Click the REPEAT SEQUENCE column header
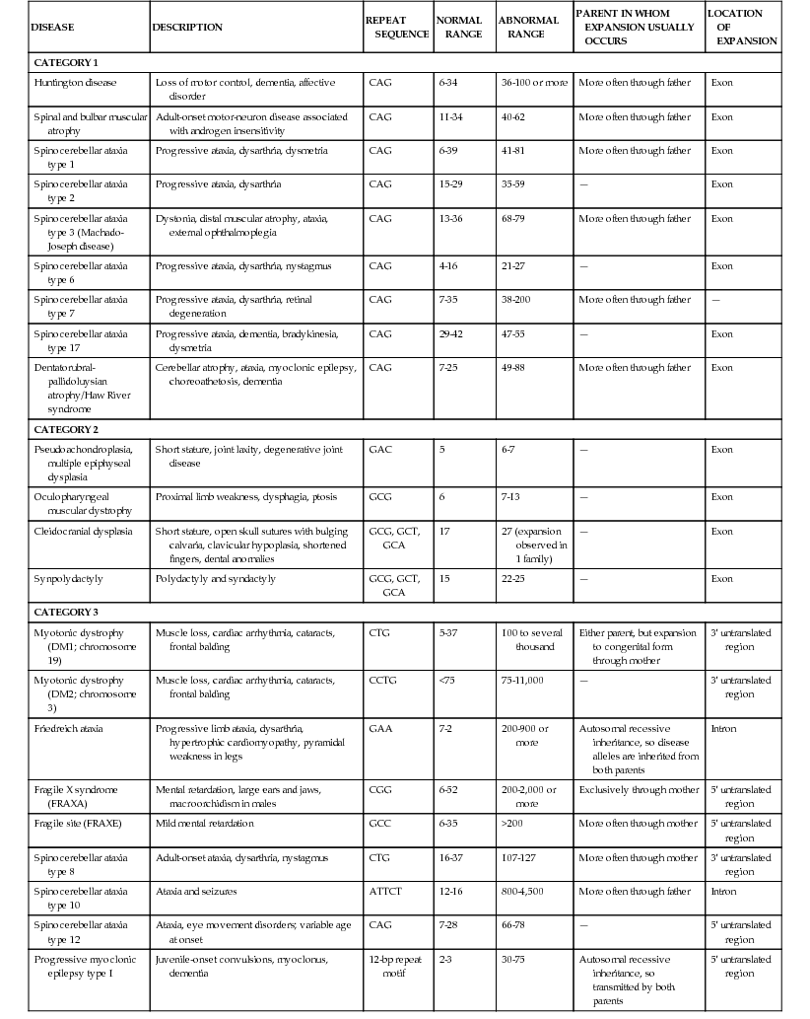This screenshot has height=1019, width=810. pyautogui.click(x=396, y=27)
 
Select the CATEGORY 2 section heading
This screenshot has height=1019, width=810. pyautogui.click(x=66, y=429)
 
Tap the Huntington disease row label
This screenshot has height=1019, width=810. pyautogui.click(x=71, y=82)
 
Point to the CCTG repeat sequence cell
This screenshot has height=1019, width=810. pyautogui.click(x=382, y=681)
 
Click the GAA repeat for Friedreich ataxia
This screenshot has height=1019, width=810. pyautogui.click(x=379, y=729)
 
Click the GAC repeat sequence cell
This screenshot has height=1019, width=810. pyautogui.click(x=379, y=449)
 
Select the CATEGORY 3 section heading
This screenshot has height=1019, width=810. pyautogui.click(x=66, y=613)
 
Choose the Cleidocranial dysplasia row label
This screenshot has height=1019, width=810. pyautogui.click(x=83, y=531)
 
